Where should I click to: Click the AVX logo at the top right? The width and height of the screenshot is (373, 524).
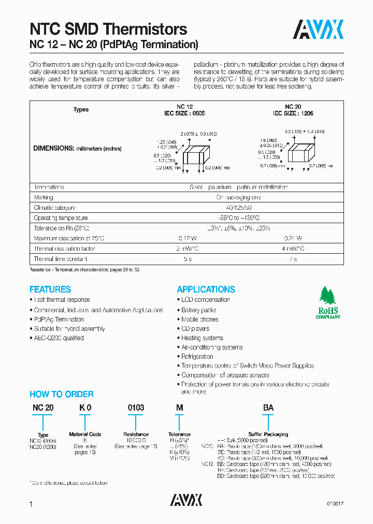tap(319, 30)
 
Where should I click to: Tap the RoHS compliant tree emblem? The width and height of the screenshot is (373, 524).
tap(328, 302)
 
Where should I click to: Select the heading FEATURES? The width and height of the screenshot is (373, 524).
tap(50, 289)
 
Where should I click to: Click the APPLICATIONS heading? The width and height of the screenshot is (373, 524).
tap(206, 289)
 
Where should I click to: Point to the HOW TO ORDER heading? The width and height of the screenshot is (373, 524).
tap(61, 394)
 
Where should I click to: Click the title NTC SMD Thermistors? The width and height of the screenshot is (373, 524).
tap(108, 29)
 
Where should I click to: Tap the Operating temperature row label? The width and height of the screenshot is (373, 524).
tap(61, 218)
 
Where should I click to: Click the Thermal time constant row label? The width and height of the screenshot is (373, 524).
tap(60, 259)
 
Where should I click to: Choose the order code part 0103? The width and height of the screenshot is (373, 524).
tap(136, 408)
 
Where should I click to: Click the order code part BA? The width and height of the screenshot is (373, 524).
tap(268, 408)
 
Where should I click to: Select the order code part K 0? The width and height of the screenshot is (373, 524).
tap(85, 408)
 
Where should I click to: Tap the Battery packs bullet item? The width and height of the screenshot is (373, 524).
tap(198, 310)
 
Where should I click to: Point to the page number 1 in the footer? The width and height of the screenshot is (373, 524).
tap(31, 504)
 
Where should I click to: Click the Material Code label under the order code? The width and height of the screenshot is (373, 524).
tap(85, 434)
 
